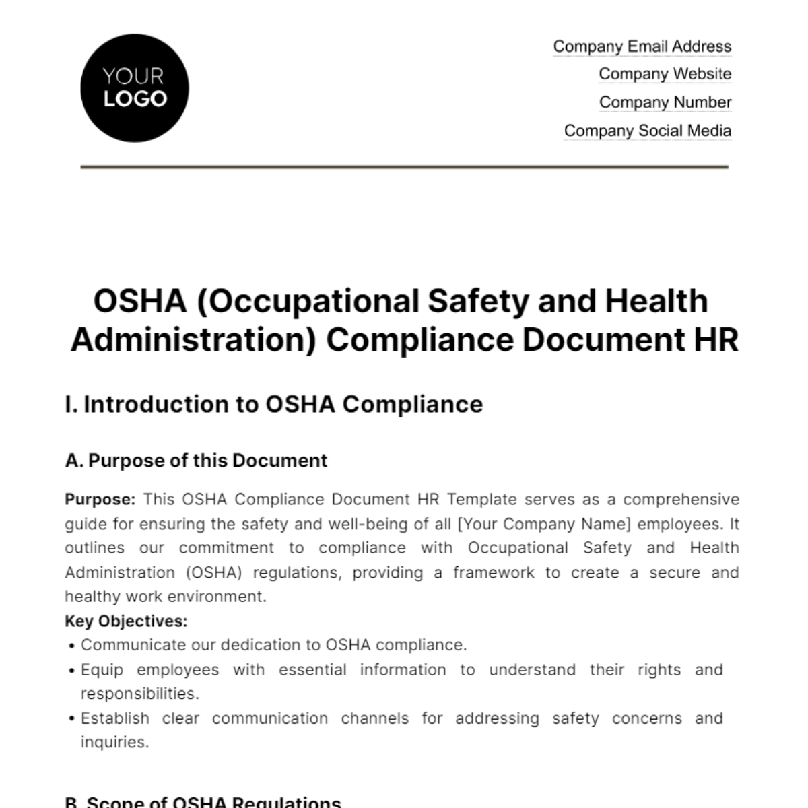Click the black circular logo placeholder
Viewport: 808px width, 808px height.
click(x=135, y=88)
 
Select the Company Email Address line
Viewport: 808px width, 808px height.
click(x=642, y=46)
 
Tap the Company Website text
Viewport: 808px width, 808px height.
click(x=665, y=74)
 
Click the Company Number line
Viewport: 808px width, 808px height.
click(x=665, y=102)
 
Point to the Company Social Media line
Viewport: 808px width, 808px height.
click(x=647, y=131)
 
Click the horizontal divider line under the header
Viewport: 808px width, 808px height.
click(x=404, y=166)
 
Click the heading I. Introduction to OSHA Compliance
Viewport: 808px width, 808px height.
click(x=274, y=404)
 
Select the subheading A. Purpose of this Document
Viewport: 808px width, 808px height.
click(x=196, y=461)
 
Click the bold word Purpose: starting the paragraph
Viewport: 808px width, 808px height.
click(x=100, y=500)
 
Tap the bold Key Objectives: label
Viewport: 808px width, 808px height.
click(x=126, y=621)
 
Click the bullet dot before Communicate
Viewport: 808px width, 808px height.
click(x=71, y=646)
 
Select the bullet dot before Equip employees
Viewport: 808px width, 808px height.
click(x=71, y=671)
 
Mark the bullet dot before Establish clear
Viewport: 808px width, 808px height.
click(x=71, y=719)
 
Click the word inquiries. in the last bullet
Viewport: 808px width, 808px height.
click(x=114, y=743)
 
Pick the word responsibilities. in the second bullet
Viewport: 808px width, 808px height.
click(x=140, y=694)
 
